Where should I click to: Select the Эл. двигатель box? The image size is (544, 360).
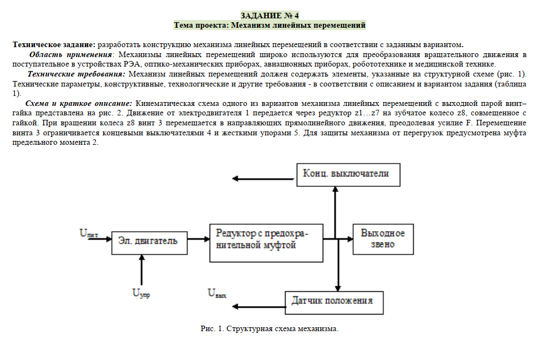pos(148,241)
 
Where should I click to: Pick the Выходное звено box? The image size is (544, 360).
pos(383,239)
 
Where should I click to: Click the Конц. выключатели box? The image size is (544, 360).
pos(345,174)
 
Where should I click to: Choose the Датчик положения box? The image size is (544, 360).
pos(332,301)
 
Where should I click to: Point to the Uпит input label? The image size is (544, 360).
pos(89,234)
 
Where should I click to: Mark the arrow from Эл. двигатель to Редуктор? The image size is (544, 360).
pos(199,239)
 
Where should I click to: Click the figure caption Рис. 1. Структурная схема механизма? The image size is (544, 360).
pos(269,328)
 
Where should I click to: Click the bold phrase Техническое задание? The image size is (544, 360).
pos(54,44)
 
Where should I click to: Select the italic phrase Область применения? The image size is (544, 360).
pos(70,54)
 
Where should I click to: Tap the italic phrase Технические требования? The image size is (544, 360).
pos(77,74)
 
